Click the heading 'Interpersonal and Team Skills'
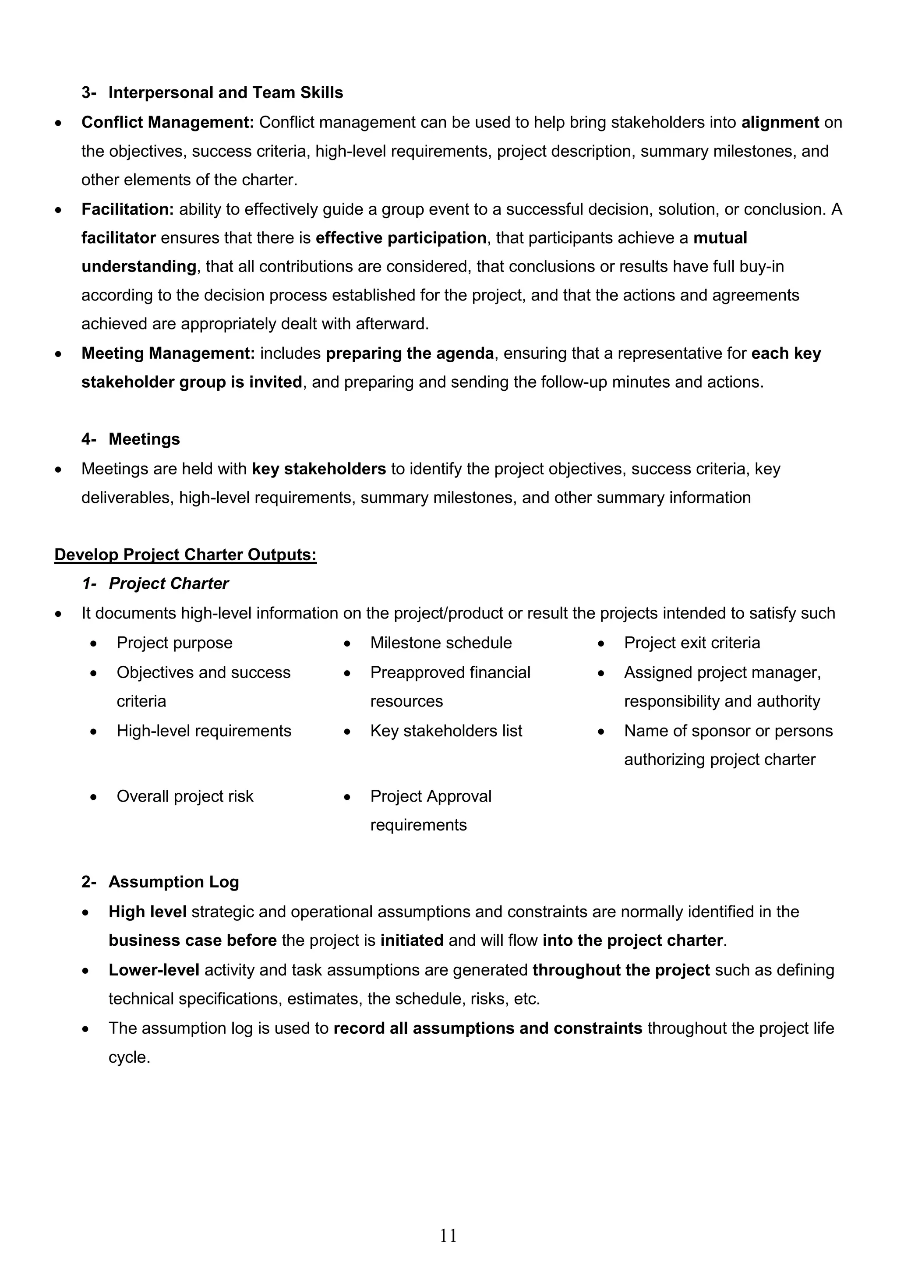(x=226, y=92)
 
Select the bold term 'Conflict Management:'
(x=167, y=122)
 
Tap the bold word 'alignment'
(x=780, y=122)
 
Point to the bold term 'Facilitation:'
(x=127, y=209)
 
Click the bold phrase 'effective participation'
(x=401, y=238)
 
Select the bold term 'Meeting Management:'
(x=168, y=353)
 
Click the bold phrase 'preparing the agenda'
(x=410, y=353)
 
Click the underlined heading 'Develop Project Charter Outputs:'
(x=185, y=555)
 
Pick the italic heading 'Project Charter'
(x=169, y=583)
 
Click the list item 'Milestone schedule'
(x=441, y=643)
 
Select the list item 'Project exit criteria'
(x=692, y=643)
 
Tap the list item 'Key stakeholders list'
(x=446, y=731)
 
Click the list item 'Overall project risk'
(x=184, y=796)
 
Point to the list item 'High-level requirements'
(x=203, y=731)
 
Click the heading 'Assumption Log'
(x=173, y=882)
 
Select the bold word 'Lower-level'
(x=154, y=970)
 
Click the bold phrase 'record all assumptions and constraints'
(x=487, y=1028)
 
